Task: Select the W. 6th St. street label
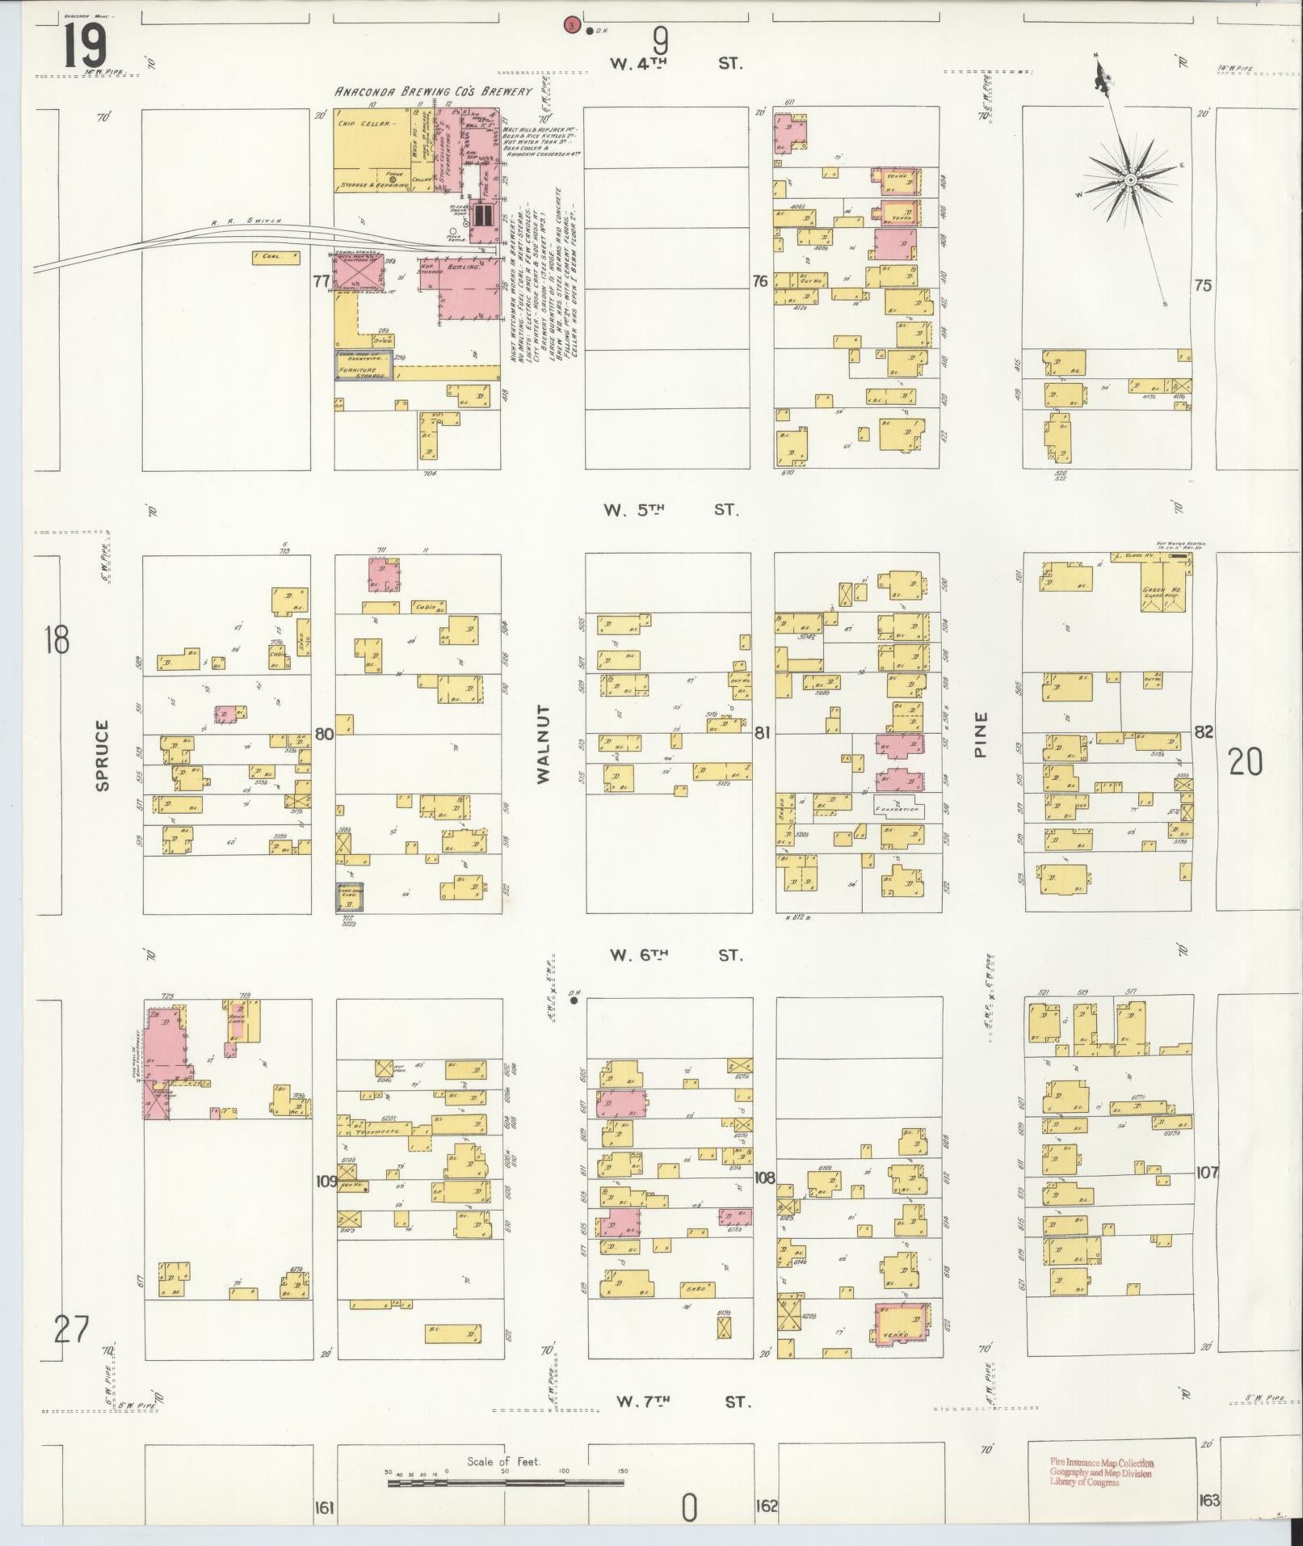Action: pyautogui.click(x=675, y=955)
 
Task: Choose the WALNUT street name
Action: pyautogui.click(x=542, y=744)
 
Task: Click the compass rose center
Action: pyautogui.click(x=1131, y=179)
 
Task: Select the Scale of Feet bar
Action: pyautogui.click(x=504, y=1484)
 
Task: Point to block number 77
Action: pyautogui.click(x=322, y=281)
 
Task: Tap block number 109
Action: pyautogui.click(x=326, y=1182)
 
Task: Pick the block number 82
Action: pyautogui.click(x=1204, y=732)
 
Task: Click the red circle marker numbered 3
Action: pyautogui.click(x=572, y=26)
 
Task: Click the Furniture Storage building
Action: pyautogui.click(x=363, y=372)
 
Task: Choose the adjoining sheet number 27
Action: pyautogui.click(x=70, y=1329)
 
